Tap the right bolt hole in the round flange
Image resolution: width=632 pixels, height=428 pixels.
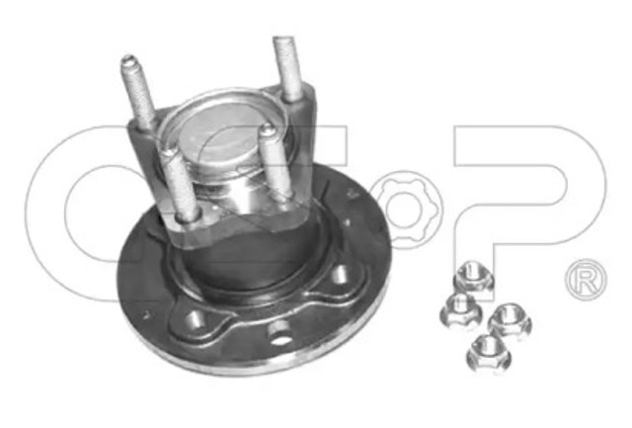click(342, 278)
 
